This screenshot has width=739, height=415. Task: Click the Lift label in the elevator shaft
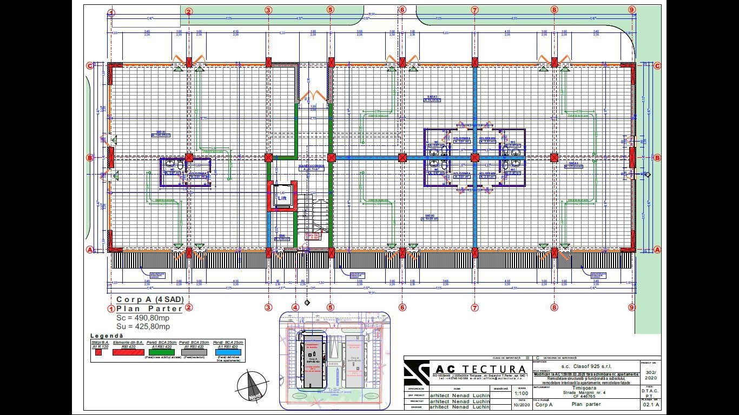pyautogui.click(x=282, y=198)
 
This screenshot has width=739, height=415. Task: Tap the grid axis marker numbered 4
pyautogui.click(x=295, y=307)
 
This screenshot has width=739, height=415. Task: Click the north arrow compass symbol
pyautogui.click(x=253, y=386)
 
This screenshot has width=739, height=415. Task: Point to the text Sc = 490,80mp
pyautogui.click(x=143, y=318)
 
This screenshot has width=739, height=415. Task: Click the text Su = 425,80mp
pyautogui.click(x=143, y=326)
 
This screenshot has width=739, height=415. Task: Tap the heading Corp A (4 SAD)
pyautogui.click(x=150, y=299)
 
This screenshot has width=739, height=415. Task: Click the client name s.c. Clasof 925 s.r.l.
pyautogui.click(x=586, y=366)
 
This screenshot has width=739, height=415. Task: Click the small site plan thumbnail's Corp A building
pyautogui.click(x=312, y=359)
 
